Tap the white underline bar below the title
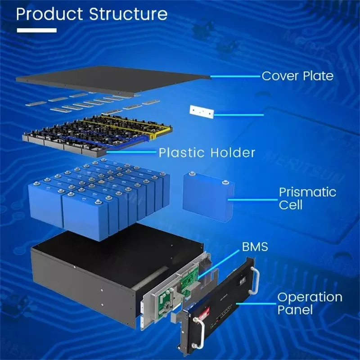point(36,31)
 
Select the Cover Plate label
point(297,76)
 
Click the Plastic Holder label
point(207,153)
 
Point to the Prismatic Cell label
point(307,198)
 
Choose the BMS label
point(255,247)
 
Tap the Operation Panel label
point(309,303)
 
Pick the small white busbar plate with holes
point(201,112)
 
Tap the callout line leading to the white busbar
point(238,115)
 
